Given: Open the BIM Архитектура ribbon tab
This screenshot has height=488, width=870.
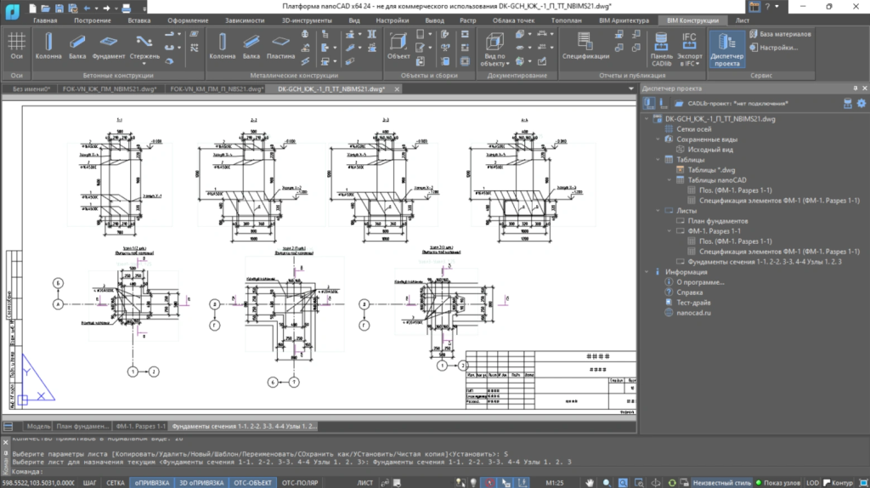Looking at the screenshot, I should pos(624,20).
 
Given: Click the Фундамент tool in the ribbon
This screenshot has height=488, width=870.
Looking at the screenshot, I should pos(109,45).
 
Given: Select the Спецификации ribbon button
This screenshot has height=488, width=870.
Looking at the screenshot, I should pos(585,45).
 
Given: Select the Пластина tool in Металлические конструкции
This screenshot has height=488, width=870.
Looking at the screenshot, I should pos(281,45).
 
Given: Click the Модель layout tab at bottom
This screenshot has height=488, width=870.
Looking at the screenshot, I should pos(38,425).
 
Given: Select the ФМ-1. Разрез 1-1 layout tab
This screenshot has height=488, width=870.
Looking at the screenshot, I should pos(140,425).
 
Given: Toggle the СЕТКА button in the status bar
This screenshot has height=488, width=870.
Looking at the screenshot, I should pos(116,483).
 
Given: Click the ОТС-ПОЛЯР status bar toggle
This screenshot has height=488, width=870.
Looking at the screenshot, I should pos(299,483).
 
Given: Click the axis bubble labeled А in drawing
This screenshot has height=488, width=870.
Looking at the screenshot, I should pos(59,304).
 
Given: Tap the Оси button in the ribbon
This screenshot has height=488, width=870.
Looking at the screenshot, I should pos(16,45).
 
